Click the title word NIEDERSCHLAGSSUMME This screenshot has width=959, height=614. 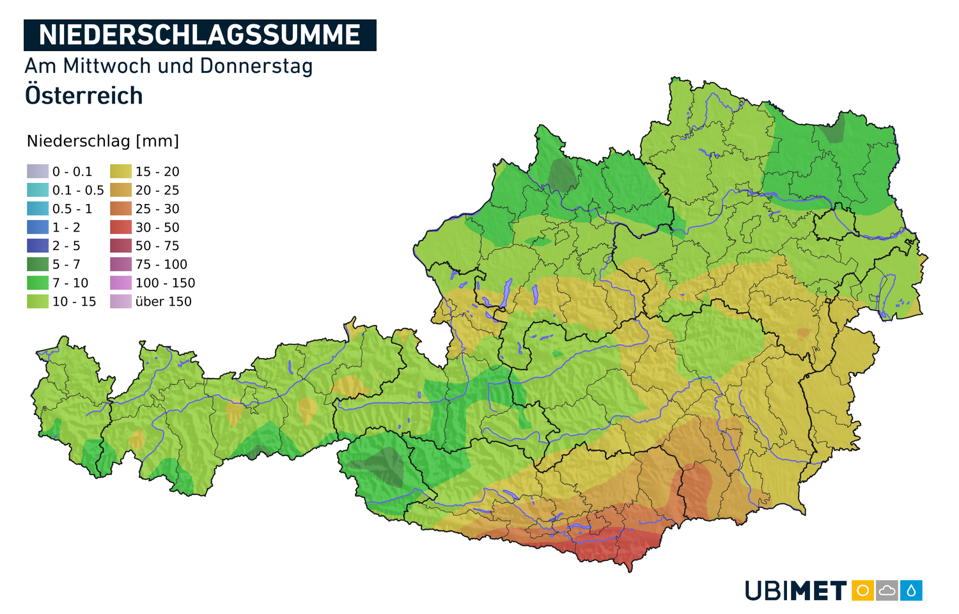[199, 35]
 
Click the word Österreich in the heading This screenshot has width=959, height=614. [84, 96]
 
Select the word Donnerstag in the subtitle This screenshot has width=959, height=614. [256, 66]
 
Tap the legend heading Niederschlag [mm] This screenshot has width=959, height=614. [103, 141]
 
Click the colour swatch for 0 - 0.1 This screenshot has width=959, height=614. [38, 171]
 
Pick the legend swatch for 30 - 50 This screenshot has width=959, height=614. [121, 227]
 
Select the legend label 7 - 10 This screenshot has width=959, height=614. [70, 283]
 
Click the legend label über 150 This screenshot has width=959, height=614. [163, 301]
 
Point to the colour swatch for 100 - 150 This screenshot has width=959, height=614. [121, 283]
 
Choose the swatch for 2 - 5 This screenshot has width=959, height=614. [38, 246]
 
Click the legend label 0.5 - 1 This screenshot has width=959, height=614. [72, 209]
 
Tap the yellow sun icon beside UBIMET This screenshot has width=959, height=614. [862, 590]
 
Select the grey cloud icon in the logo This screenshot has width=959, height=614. [887, 590]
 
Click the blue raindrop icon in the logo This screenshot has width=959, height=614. [911, 590]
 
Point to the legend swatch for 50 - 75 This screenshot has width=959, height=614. [121, 246]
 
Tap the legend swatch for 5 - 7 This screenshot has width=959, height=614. [38, 264]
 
